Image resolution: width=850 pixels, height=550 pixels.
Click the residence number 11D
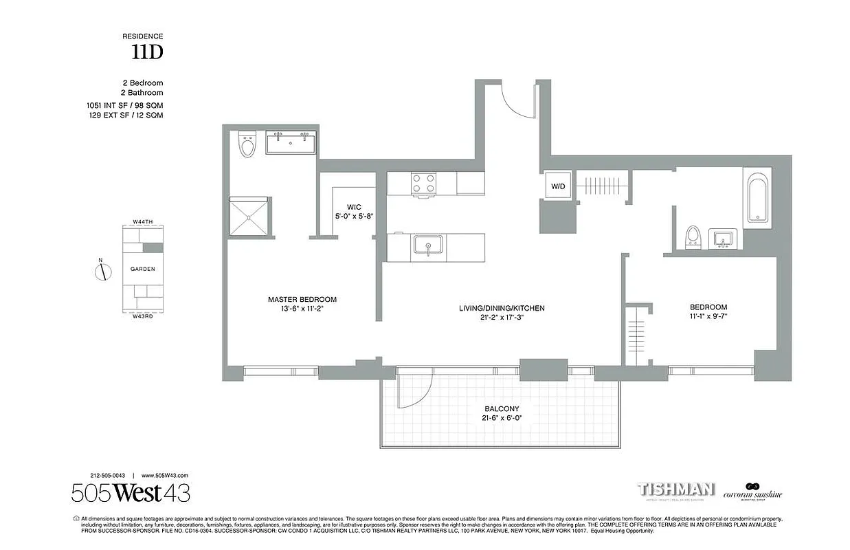pyautogui.click(x=147, y=52)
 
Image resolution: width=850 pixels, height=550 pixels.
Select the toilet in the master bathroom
pyautogui.click(x=247, y=145)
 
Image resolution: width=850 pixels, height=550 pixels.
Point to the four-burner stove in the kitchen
pyautogui.click(x=423, y=184)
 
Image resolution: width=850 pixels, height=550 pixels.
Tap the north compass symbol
pyautogui.click(x=102, y=270)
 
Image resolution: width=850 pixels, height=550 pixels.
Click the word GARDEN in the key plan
pyautogui.click(x=143, y=269)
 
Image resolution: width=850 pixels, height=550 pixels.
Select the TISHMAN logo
pyautogui.click(x=676, y=490)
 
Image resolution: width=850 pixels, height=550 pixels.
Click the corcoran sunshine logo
pyautogui.click(x=756, y=492)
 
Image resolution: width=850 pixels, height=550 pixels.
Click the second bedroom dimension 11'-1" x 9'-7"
pyautogui.click(x=708, y=316)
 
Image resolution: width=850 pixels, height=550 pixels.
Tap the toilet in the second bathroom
pyautogui.click(x=693, y=236)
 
